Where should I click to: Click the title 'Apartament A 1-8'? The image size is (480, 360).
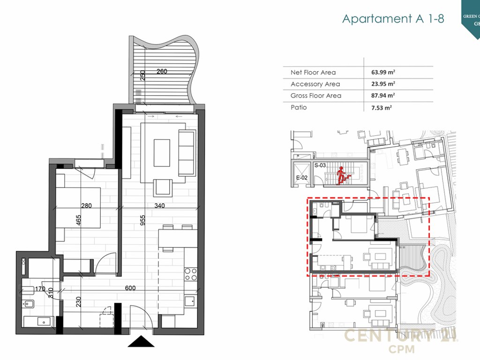pyautogui.click(x=393, y=19)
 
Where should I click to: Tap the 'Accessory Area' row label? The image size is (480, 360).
pyautogui.click(x=315, y=84)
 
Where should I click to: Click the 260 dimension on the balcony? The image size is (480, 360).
pyautogui.click(x=161, y=72)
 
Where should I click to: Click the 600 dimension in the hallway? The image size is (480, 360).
pyautogui.click(x=130, y=288)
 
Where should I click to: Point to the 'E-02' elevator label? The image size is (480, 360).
pyautogui.click(x=301, y=178)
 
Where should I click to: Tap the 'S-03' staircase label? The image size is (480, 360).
pyautogui.click(x=320, y=165)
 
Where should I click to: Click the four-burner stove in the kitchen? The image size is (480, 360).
pyautogui.click(x=191, y=274)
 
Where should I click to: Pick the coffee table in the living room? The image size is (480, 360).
pyautogui.click(x=162, y=152)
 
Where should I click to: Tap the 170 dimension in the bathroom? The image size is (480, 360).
pyautogui.click(x=40, y=289)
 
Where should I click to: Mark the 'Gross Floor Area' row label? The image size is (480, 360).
pyautogui.click(x=316, y=96)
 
